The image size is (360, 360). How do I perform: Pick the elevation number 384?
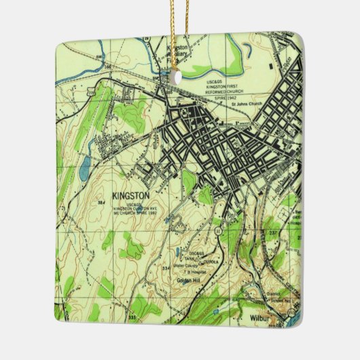102,203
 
